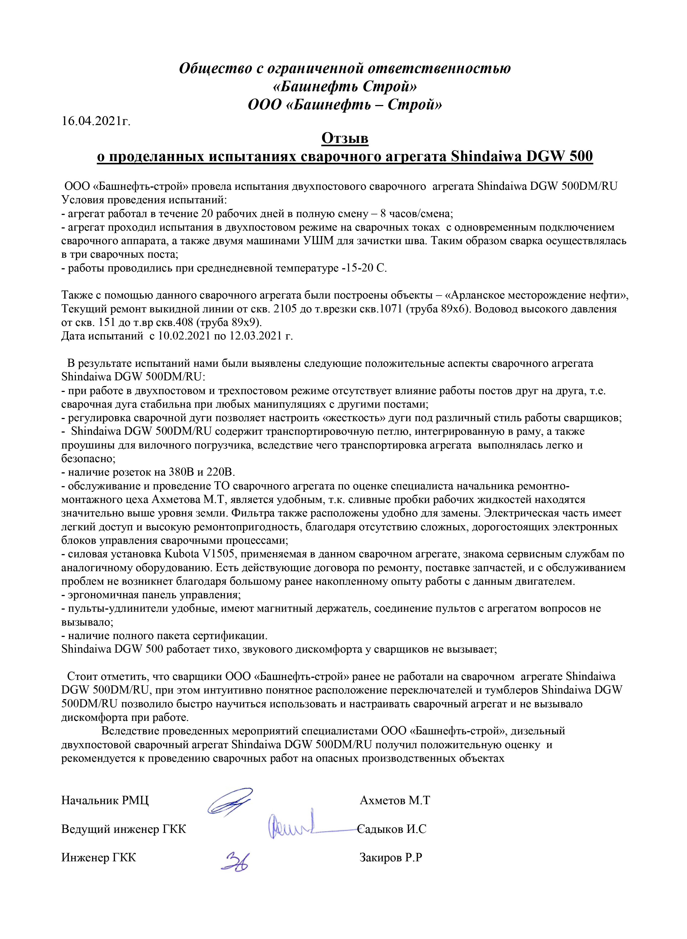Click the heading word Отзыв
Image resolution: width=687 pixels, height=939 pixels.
(x=345, y=138)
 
